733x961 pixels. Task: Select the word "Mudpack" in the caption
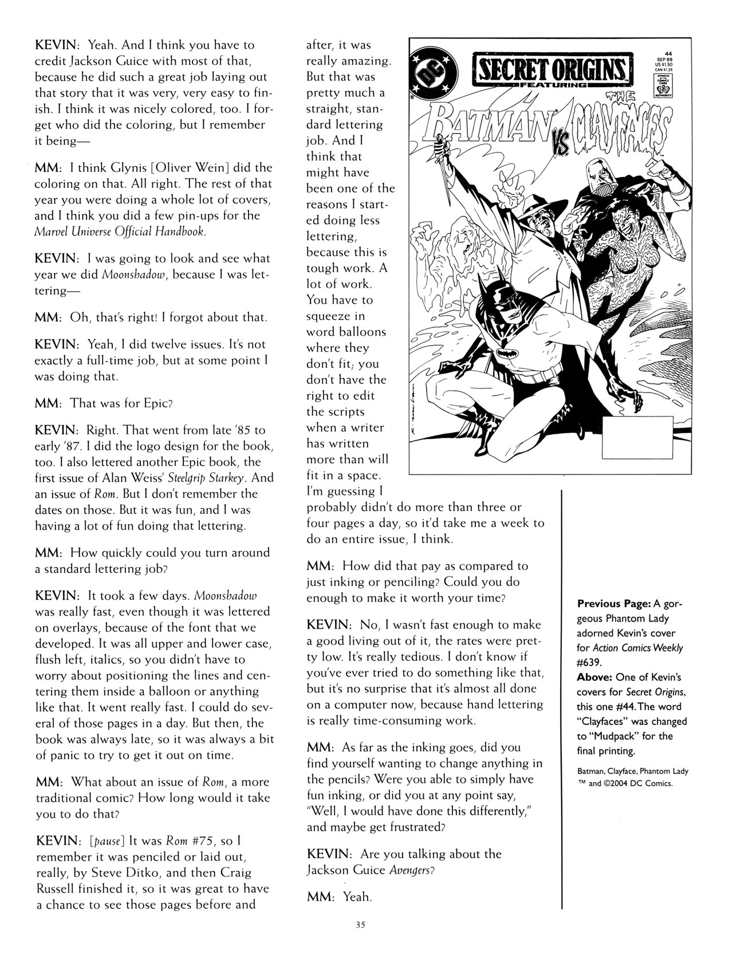coord(610,736)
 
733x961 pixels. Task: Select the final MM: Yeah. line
coord(340,897)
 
